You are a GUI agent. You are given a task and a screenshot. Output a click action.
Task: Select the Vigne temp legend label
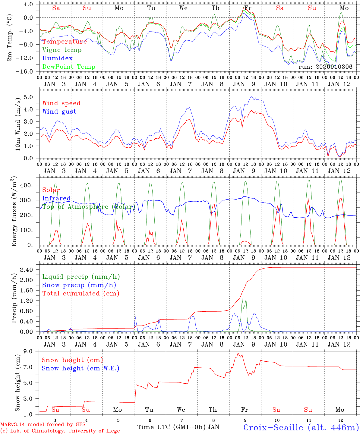click(x=62, y=50)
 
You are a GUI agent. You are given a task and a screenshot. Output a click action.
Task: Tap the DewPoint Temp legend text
click(x=69, y=67)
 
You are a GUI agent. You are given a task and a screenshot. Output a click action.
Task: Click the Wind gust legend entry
click(x=59, y=112)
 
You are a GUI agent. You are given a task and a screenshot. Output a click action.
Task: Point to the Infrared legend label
click(x=56, y=198)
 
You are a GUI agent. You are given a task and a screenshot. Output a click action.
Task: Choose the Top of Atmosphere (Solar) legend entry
click(x=88, y=207)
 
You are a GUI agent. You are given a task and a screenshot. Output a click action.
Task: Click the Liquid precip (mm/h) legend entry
click(x=81, y=277)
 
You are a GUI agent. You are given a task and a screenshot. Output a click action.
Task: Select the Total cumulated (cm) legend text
click(x=81, y=293)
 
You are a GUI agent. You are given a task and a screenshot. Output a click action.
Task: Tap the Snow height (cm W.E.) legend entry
click(x=80, y=368)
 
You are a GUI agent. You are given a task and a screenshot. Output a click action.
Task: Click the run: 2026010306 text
click(x=325, y=67)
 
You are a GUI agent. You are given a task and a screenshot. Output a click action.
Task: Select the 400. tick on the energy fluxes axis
click(x=27, y=185)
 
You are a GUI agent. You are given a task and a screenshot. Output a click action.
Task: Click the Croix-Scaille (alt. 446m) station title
click(x=301, y=427)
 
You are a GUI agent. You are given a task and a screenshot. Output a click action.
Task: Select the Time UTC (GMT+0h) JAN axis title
click(x=178, y=427)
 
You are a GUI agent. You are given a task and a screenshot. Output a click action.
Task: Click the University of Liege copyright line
click(x=60, y=431)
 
